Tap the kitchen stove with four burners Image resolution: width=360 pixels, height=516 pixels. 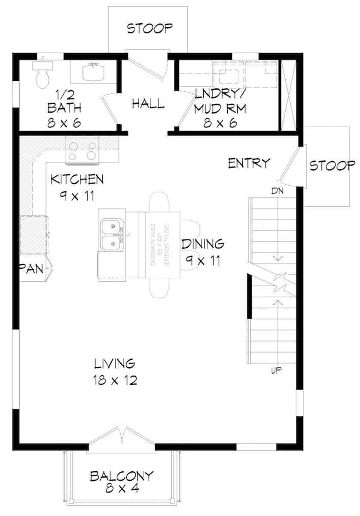[x=82, y=150]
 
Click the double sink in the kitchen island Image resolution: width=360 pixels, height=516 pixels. [x=113, y=235]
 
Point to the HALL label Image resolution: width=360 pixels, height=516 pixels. [x=148, y=104]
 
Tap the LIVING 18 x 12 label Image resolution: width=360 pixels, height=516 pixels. [x=115, y=372]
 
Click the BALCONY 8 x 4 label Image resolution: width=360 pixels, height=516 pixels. [x=122, y=482]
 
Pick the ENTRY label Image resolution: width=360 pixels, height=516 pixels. [x=249, y=163]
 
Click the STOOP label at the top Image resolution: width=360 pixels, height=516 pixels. [x=150, y=29]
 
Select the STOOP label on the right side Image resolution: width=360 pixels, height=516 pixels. [x=333, y=166]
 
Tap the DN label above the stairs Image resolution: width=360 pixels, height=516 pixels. [x=276, y=190]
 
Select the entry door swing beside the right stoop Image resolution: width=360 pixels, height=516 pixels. [x=290, y=166]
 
